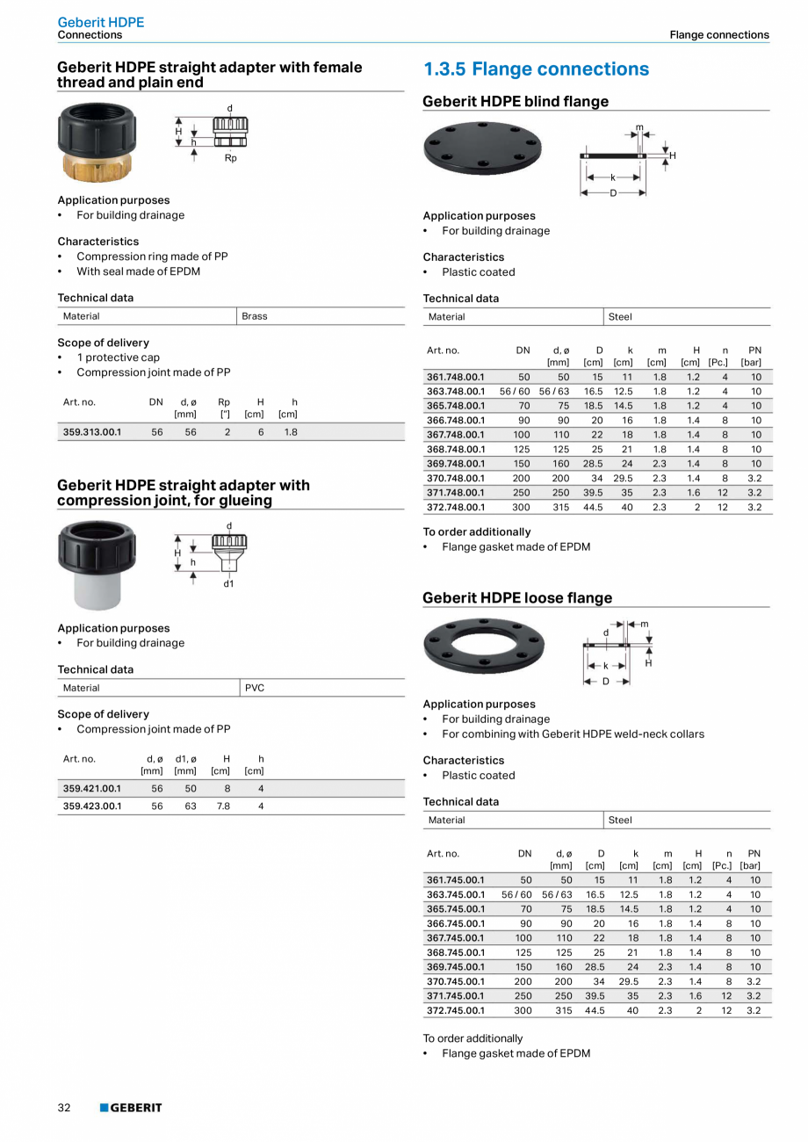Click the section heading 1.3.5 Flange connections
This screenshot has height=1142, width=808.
click(x=536, y=69)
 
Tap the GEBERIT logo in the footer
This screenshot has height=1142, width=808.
click(x=131, y=1108)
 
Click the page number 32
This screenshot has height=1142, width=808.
click(x=64, y=1108)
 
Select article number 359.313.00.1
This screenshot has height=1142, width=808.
click(x=92, y=432)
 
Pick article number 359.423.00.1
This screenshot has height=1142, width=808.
click(x=92, y=806)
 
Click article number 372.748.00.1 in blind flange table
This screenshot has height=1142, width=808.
click(x=456, y=507)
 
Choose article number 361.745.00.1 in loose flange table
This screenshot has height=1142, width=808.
click(x=456, y=879)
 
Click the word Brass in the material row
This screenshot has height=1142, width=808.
click(x=255, y=316)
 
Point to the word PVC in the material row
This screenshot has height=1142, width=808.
click(x=254, y=688)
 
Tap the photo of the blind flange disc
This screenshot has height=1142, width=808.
click(x=482, y=148)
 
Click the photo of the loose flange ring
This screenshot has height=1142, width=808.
click(x=484, y=646)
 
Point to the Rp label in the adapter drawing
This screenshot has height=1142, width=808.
click(x=230, y=158)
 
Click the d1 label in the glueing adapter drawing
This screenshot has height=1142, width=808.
click(x=228, y=583)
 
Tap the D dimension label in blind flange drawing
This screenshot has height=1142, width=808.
click(x=613, y=192)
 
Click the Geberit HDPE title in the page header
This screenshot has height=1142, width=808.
click(x=100, y=22)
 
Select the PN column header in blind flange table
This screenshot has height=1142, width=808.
click(x=754, y=351)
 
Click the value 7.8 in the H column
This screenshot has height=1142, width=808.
click(x=223, y=806)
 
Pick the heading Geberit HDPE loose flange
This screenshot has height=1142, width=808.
click(x=517, y=598)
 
